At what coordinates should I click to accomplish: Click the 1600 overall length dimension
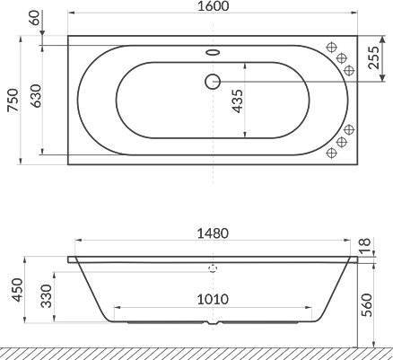click(x=213, y=6)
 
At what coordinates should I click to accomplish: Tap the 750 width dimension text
click(x=13, y=100)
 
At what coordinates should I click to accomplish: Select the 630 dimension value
click(x=36, y=96)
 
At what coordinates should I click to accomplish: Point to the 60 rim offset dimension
click(x=35, y=17)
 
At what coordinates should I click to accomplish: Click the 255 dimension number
click(x=373, y=57)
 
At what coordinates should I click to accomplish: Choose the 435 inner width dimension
click(x=238, y=101)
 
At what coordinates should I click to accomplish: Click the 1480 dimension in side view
click(x=213, y=233)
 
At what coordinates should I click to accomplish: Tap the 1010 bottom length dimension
click(x=213, y=299)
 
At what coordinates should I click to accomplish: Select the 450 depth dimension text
click(x=17, y=290)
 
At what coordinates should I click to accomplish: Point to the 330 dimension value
click(x=47, y=296)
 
